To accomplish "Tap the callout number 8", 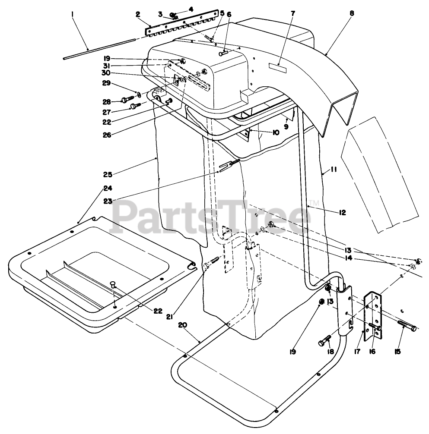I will coord(352,13).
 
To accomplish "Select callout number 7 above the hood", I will coord(293,13).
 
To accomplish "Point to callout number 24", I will coord(108,188).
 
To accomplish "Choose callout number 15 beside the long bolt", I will coord(398,352).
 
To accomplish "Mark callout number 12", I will coord(343,212).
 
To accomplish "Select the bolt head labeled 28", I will coord(124,100).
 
